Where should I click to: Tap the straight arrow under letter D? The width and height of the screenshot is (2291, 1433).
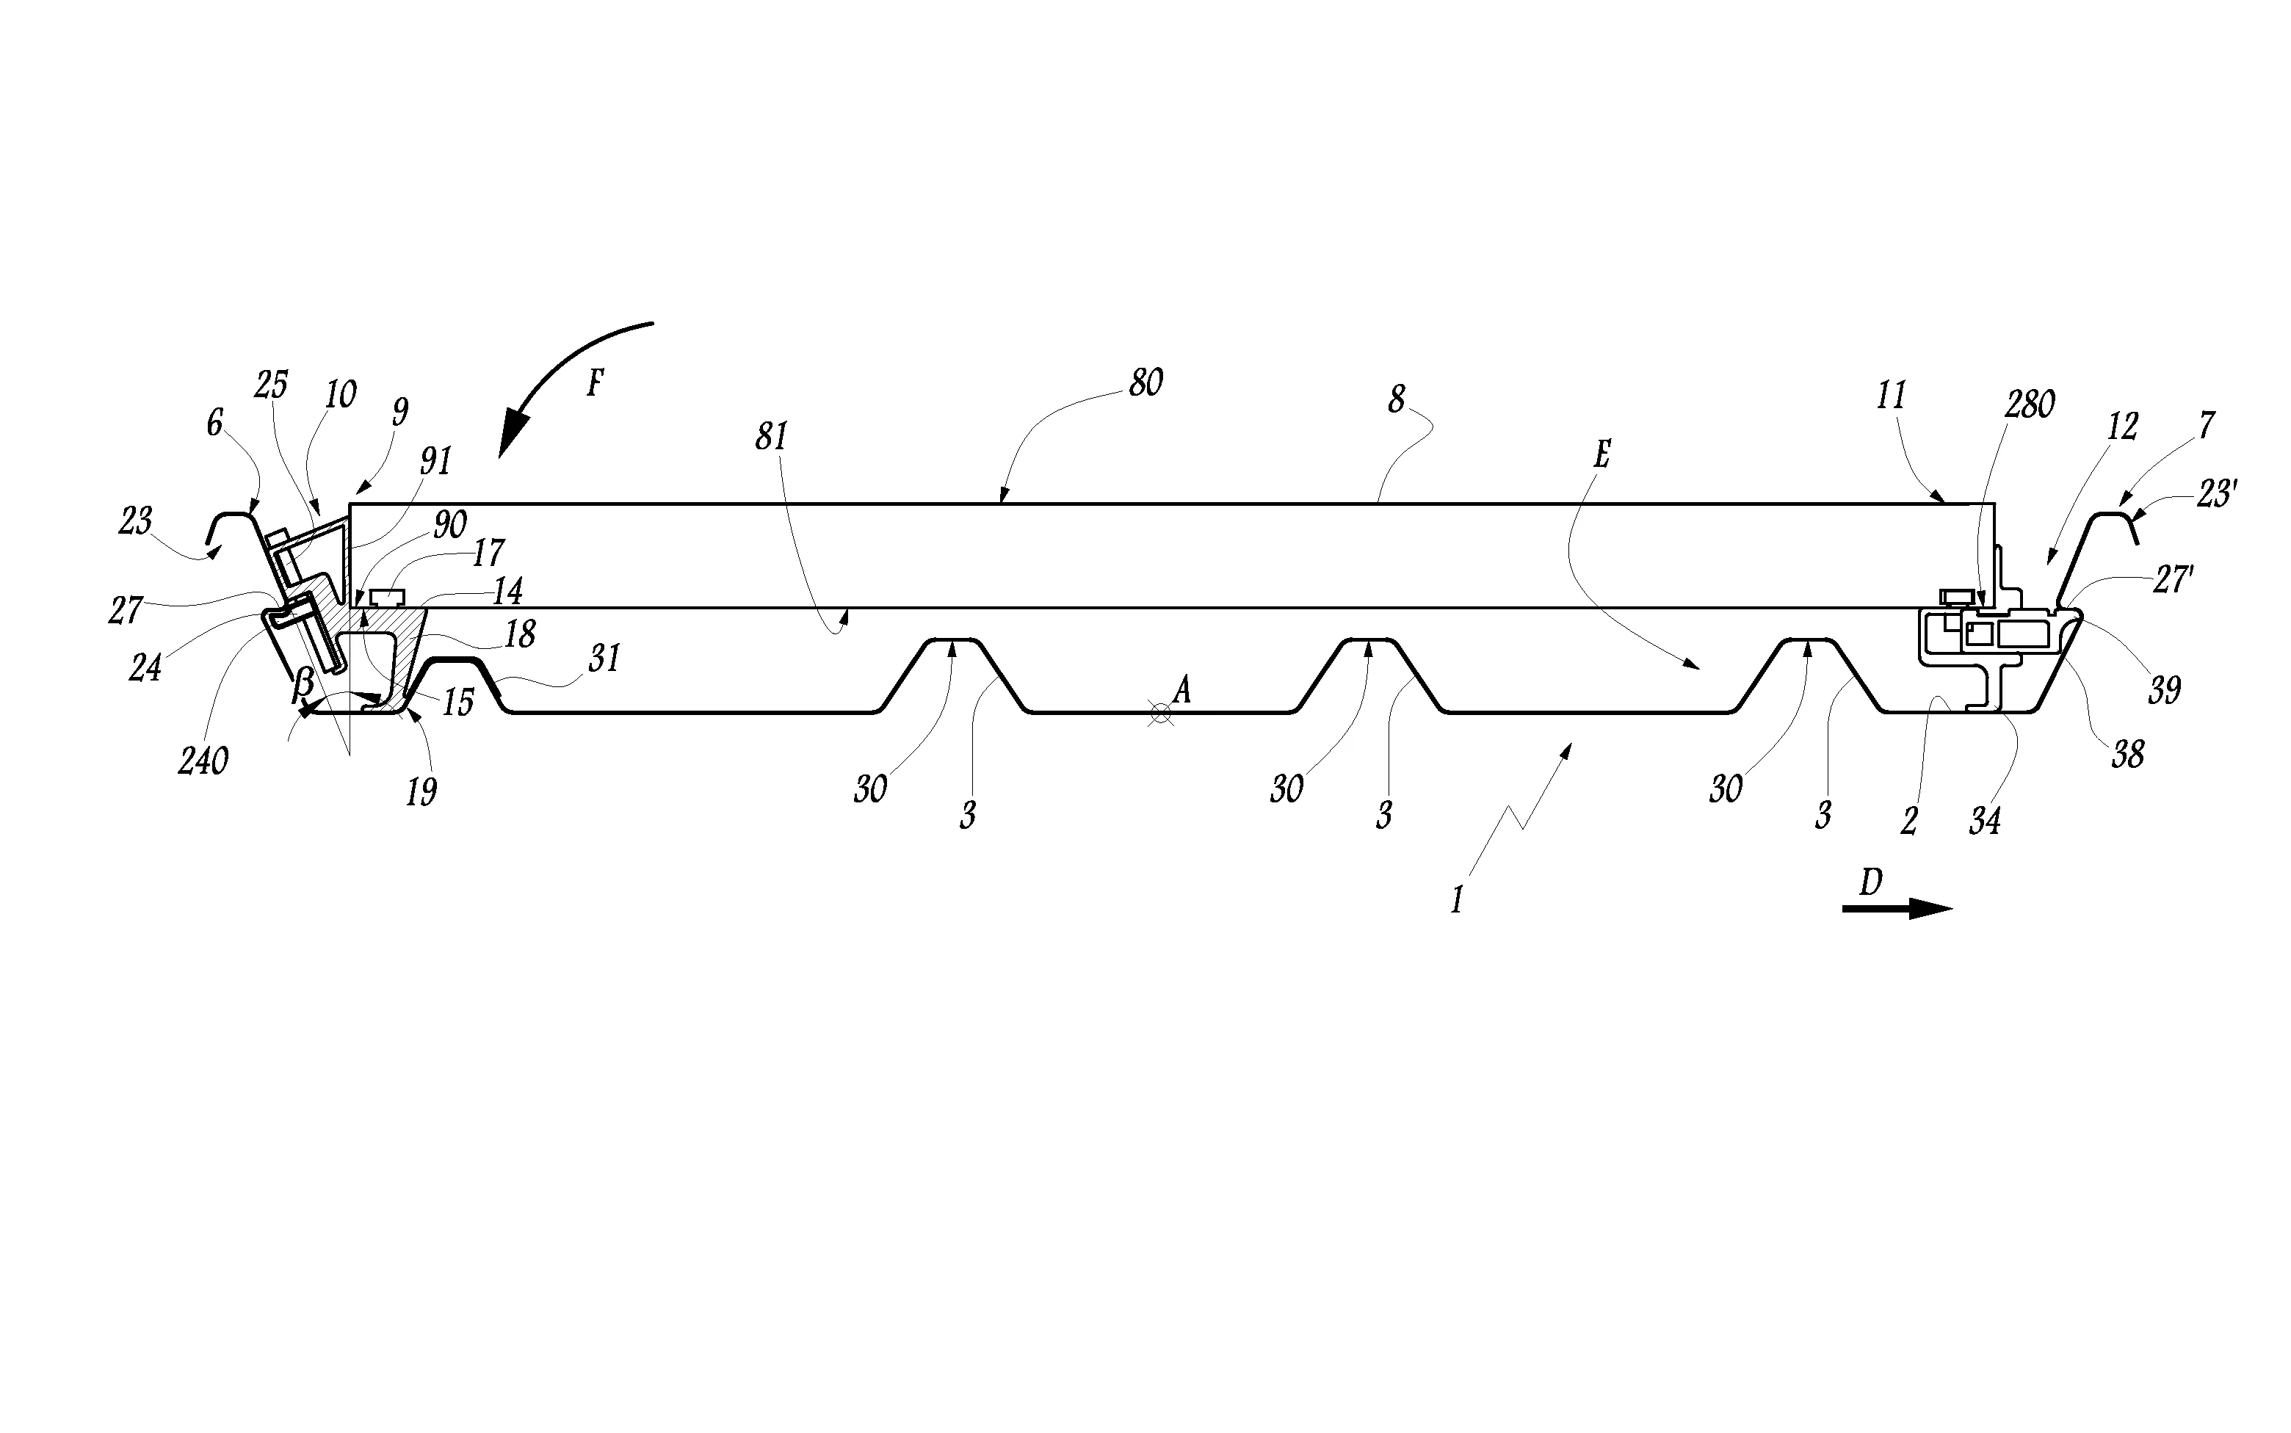click(1897, 909)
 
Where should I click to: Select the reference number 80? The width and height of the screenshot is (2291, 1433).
click(1145, 383)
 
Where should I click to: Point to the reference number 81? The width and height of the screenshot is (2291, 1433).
click(772, 436)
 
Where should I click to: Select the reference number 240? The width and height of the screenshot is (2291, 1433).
click(203, 761)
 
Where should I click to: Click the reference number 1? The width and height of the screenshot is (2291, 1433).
click(1457, 899)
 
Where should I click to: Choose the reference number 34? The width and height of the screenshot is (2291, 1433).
click(1984, 821)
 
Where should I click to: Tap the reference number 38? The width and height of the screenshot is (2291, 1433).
click(2127, 755)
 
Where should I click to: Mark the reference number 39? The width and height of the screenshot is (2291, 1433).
click(2164, 690)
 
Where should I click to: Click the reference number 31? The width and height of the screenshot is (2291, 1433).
click(604, 658)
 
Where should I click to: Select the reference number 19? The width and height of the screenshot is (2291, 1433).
click(421, 792)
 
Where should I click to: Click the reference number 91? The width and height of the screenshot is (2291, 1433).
click(436, 462)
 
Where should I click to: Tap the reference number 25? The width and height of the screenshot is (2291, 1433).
click(271, 385)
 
